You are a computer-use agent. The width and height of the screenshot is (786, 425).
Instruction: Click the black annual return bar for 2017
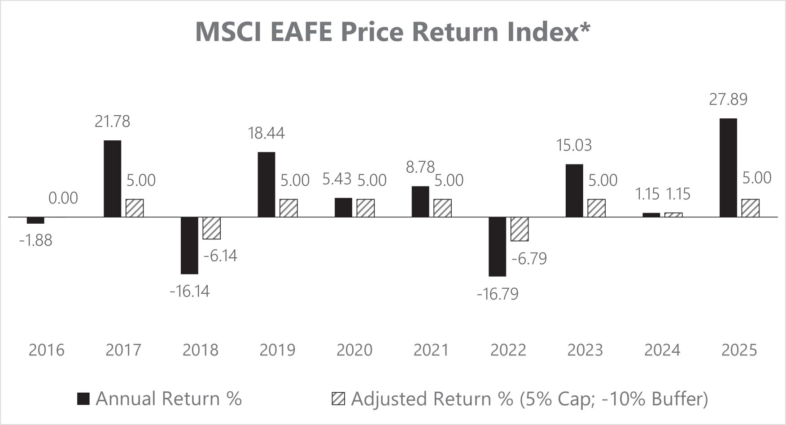pyautogui.click(x=112, y=179)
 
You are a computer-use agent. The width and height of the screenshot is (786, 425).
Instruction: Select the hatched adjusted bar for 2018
pyautogui.click(x=211, y=228)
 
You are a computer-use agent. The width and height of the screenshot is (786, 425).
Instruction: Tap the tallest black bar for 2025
pyautogui.click(x=728, y=168)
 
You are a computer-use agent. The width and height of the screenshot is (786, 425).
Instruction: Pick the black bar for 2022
pyautogui.click(x=497, y=247)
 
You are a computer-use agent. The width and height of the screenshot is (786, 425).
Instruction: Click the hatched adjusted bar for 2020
pyautogui.click(x=366, y=208)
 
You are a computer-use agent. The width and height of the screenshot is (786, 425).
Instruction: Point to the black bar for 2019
pyautogui.click(x=266, y=185)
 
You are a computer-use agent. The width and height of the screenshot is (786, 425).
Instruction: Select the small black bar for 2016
pyautogui.click(x=35, y=220)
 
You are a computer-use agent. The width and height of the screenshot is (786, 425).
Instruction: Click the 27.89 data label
pyautogui.click(x=728, y=99)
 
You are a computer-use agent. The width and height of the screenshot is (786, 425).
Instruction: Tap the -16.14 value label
pyautogui.click(x=189, y=291)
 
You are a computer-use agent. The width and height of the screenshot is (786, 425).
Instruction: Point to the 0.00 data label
pyautogui.click(x=63, y=198)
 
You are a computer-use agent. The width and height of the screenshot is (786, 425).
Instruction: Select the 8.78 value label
pyautogui.click(x=420, y=167)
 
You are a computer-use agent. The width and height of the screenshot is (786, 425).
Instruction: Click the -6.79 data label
pyautogui.click(x=529, y=259)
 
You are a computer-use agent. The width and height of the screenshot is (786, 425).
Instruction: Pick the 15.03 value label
pyautogui.click(x=574, y=145)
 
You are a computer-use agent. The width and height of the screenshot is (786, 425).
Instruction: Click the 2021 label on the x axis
pyautogui.click(x=431, y=350)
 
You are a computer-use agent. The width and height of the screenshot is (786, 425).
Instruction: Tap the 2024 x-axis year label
pyautogui.click(x=662, y=350)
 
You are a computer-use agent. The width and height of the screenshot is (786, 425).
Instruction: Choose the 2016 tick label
pyautogui.click(x=47, y=350)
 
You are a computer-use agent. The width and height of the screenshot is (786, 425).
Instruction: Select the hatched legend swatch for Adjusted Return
pyautogui.click(x=338, y=399)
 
